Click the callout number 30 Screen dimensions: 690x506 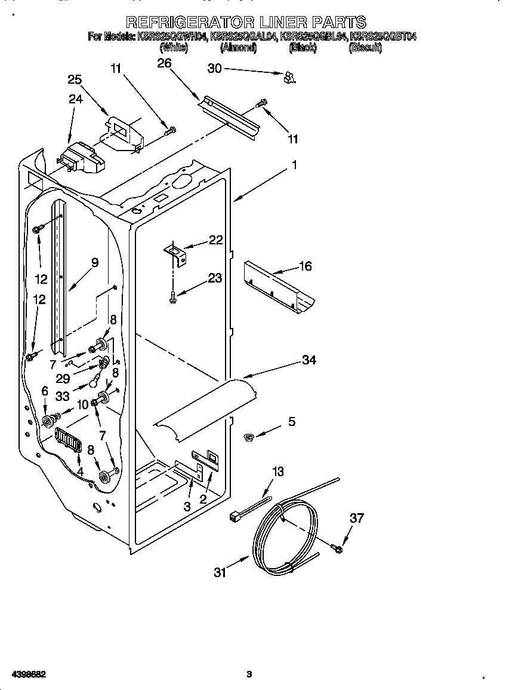tap(214, 69)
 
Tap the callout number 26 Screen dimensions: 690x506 tap(164, 63)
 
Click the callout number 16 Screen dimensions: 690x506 tap(305, 266)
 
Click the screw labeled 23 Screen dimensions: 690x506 tap(172, 295)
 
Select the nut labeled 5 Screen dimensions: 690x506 tap(249, 438)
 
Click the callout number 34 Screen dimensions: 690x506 tap(308, 360)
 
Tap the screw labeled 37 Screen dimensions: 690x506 tap(337, 547)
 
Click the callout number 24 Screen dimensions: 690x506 tap(75, 99)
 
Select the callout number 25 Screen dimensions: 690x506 tap(75, 79)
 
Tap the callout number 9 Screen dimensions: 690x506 tap(94, 262)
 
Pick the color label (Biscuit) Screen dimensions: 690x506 tap(365, 48)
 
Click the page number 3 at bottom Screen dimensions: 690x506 tap(249, 674)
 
